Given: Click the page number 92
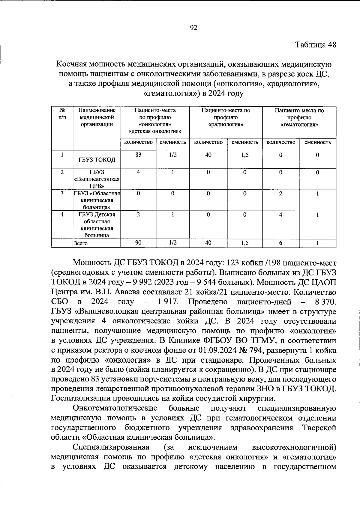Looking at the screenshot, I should pyautogui.click(x=193, y=28).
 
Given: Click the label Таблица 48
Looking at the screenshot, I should pyautogui.click(x=316, y=45).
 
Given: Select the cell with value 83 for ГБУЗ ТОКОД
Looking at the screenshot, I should pyautogui.click(x=138, y=155).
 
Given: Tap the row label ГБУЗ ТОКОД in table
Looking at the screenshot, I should pyautogui.click(x=97, y=160).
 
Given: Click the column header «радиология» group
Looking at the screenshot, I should pyautogui.click(x=226, y=117).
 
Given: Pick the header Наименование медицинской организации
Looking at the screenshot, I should pyautogui.click(x=97, y=117).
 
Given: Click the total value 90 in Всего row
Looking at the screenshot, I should pyautogui.click(x=138, y=243).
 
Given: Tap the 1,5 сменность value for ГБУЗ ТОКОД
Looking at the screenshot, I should pyautogui.click(x=245, y=155).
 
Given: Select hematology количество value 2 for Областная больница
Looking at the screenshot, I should pyautogui.click(x=280, y=194).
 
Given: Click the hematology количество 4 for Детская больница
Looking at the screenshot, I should pyautogui.click(x=280, y=215).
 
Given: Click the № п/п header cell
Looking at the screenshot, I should pyautogui.click(x=62, y=114).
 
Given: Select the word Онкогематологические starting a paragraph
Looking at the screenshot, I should pyautogui.click(x=115, y=408).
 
